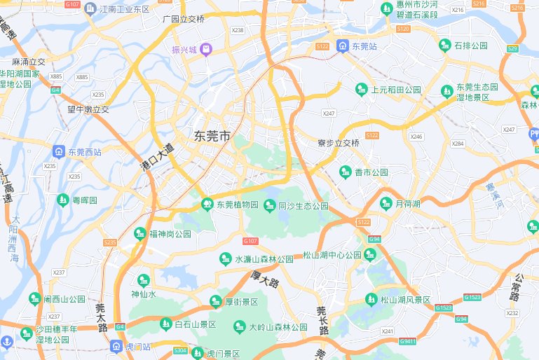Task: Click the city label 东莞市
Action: tap(212, 137)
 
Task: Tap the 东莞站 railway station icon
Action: tap(342, 46)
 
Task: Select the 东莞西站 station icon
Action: tap(60, 151)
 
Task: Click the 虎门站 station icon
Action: tap(116, 346)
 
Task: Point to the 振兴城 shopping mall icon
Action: tap(206, 49)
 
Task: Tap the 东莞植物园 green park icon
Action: tap(207, 205)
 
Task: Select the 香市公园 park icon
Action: tap(345, 172)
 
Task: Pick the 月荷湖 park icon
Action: tap(386, 204)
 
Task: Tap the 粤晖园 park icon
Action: tap(63, 200)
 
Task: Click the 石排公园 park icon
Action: tap(444, 46)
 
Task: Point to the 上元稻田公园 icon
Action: tap(362, 90)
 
